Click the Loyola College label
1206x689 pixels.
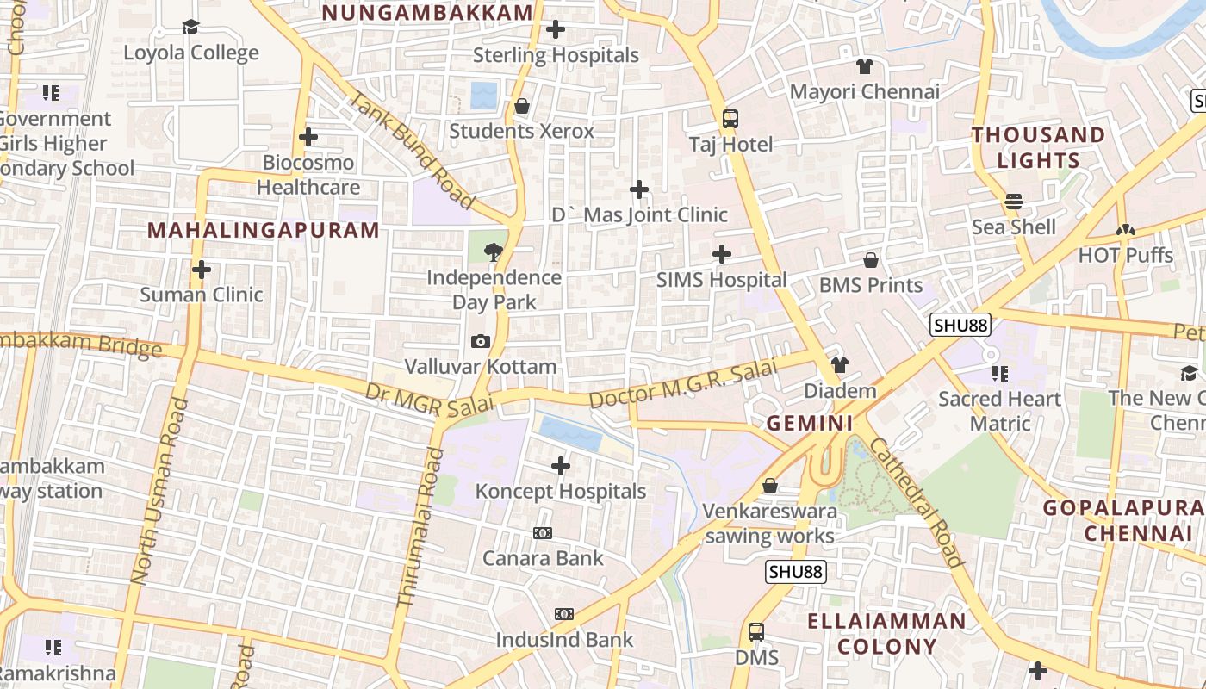tap(190, 53)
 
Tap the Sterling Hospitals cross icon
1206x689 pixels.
tap(556, 29)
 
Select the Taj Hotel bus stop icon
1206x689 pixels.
tap(730, 119)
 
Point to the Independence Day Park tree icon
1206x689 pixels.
tap(494, 252)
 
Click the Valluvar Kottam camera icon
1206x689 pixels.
tap(481, 342)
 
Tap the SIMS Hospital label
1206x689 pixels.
tap(721, 280)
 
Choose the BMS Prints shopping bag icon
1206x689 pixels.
tap(871, 260)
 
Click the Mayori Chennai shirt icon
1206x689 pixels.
tap(865, 66)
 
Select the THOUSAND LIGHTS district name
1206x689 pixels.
tap(1038, 147)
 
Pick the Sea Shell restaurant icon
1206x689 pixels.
tap(1013, 202)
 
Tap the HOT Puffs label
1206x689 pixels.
tap(1125, 256)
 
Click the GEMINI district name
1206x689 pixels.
tap(810, 423)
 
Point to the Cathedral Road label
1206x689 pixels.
tap(915, 503)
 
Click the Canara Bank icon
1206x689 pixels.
tap(543, 533)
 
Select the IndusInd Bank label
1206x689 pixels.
tap(564, 640)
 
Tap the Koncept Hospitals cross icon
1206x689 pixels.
tap(560, 467)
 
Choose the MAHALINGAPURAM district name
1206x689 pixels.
tap(263, 230)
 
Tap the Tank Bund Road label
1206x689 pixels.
tap(411, 149)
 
